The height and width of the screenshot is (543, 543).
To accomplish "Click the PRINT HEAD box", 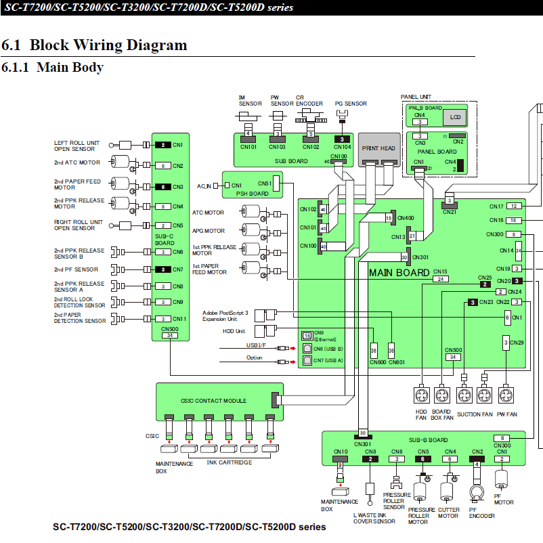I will pos(378,148).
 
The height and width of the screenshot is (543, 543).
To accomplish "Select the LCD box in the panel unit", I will pos(454,117).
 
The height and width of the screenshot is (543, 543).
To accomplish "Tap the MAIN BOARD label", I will pos(399,272).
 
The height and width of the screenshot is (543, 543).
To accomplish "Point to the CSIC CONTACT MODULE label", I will pos(213,401).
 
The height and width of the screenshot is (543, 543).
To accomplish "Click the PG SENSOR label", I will pos(351,104).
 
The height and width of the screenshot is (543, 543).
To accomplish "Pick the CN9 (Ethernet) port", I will pos(307,335).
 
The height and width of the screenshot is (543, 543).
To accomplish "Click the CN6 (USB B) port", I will pos(308,348).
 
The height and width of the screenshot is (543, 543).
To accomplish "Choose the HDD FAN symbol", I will pos(422,395).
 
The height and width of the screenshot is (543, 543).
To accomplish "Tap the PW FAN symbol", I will pos(506,395).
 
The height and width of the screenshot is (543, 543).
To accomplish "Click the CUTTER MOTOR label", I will pos(448,513).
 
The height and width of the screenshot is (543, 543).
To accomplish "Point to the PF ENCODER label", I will pos(482,513).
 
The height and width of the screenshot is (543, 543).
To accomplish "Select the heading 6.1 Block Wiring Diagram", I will pos(94,45).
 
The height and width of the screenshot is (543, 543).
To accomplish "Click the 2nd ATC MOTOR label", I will pos(77,162).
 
